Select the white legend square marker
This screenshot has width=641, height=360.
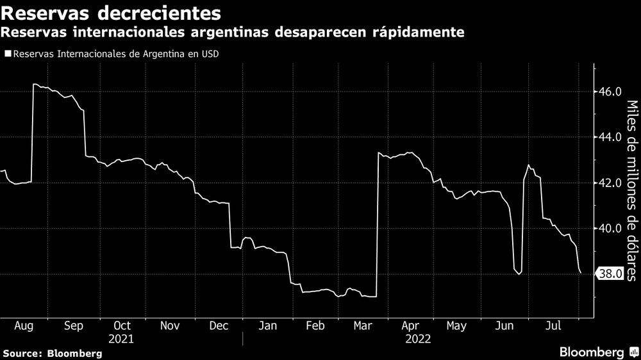tap(7, 54)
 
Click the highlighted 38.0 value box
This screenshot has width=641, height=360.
tap(610, 274)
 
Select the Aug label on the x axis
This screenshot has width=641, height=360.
tap(25, 326)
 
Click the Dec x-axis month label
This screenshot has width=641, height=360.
tap(219, 326)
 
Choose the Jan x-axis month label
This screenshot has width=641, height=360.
tap(267, 326)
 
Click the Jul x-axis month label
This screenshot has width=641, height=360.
tap(553, 326)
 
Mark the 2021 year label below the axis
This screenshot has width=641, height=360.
tap(122, 338)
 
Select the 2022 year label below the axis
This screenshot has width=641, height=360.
tap(417, 338)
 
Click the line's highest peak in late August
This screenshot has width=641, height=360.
tap(34, 84)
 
